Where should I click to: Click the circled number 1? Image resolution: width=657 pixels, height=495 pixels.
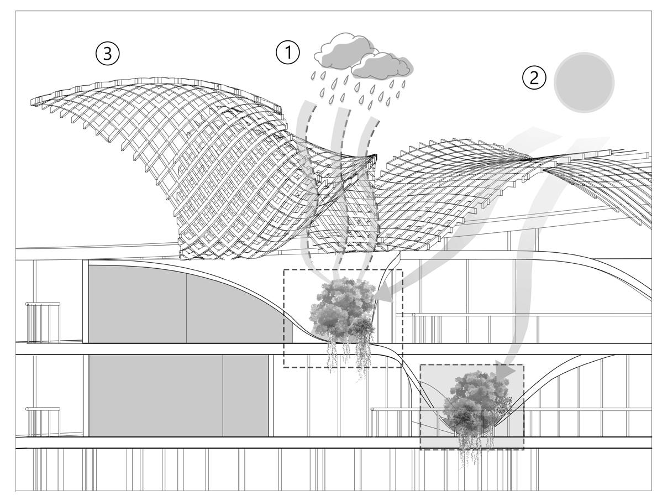287,53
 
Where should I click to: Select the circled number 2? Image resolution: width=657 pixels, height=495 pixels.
534,78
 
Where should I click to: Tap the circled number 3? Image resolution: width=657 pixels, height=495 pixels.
107,54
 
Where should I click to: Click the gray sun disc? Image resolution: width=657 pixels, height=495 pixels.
584,82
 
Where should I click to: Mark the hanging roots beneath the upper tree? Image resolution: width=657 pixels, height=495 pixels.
348,354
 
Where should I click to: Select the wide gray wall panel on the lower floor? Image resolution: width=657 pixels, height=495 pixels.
156,395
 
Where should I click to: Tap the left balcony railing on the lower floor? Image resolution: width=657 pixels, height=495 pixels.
43,421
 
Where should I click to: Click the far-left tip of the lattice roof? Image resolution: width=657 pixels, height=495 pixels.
34,100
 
